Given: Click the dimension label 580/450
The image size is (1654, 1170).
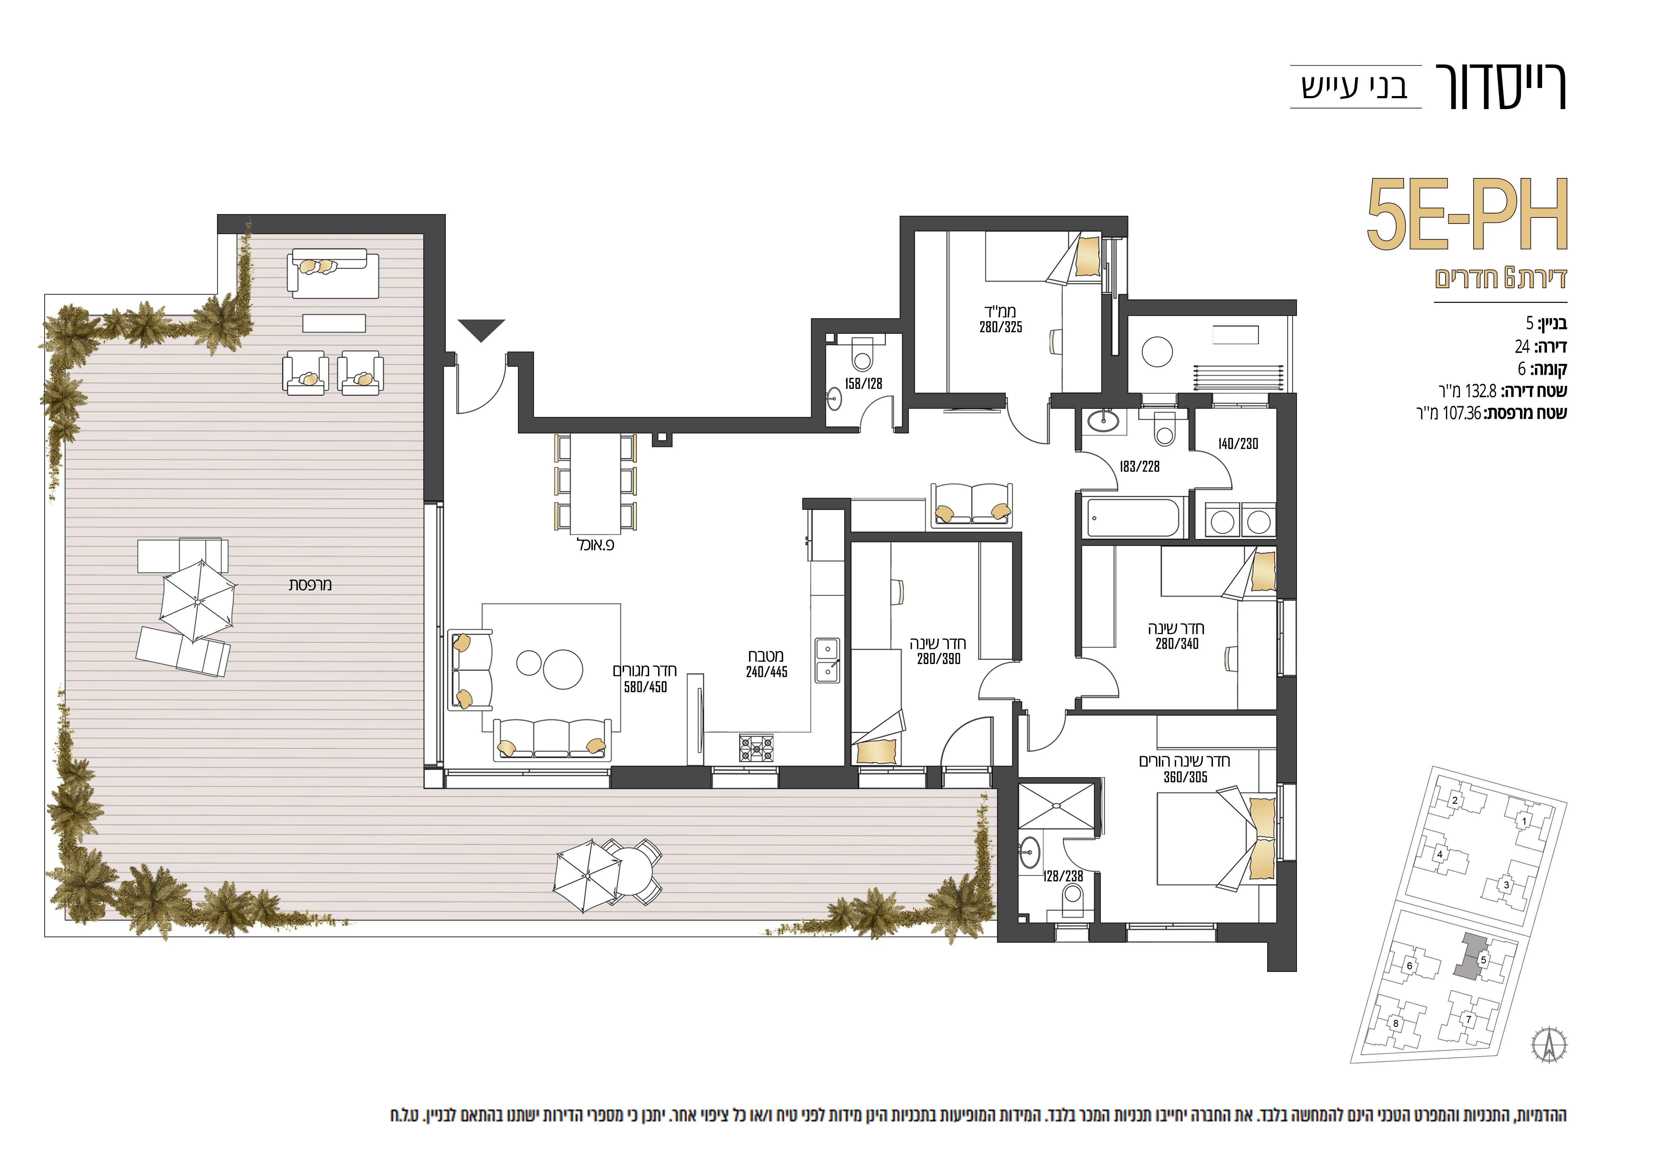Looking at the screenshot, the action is click(645, 687).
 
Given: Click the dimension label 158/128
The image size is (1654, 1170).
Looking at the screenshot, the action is click(863, 384).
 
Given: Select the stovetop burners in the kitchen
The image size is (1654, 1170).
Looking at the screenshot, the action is click(756, 748).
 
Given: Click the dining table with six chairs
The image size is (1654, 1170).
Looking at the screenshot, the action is click(596, 483).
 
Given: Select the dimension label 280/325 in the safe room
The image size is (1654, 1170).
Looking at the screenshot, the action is click(1001, 327).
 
